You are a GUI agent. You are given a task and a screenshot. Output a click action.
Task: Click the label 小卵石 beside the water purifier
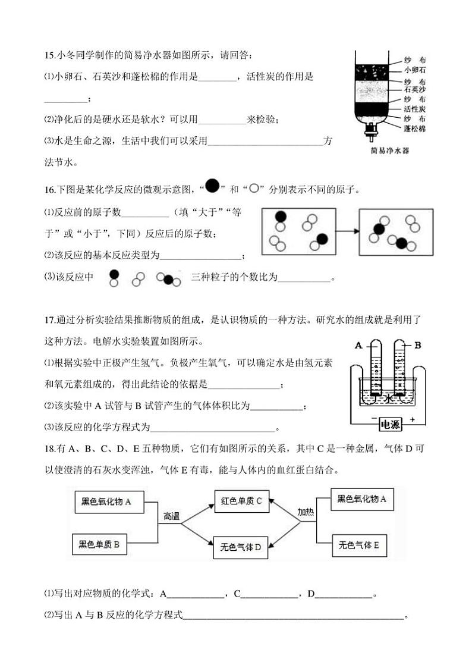pos(414,70)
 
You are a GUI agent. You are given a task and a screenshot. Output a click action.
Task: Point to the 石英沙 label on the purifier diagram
pos(414,90)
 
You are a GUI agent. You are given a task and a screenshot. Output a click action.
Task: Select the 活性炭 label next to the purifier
pos(414,109)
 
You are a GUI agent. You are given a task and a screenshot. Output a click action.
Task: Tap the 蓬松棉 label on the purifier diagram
pos(414,128)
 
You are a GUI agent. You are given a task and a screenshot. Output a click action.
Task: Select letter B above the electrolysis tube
pos(417,345)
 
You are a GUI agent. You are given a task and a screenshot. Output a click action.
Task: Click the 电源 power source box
pos(391,424)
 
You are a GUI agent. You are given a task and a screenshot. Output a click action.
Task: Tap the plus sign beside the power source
pos(412,419)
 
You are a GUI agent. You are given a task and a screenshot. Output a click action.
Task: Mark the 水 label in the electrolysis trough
pos(389,399)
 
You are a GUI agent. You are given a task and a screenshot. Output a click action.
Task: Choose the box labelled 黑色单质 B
pos(99,544)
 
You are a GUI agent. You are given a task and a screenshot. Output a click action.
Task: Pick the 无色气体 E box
pos(359,544)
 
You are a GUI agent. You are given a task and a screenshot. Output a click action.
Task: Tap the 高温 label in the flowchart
pos(171,516)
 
